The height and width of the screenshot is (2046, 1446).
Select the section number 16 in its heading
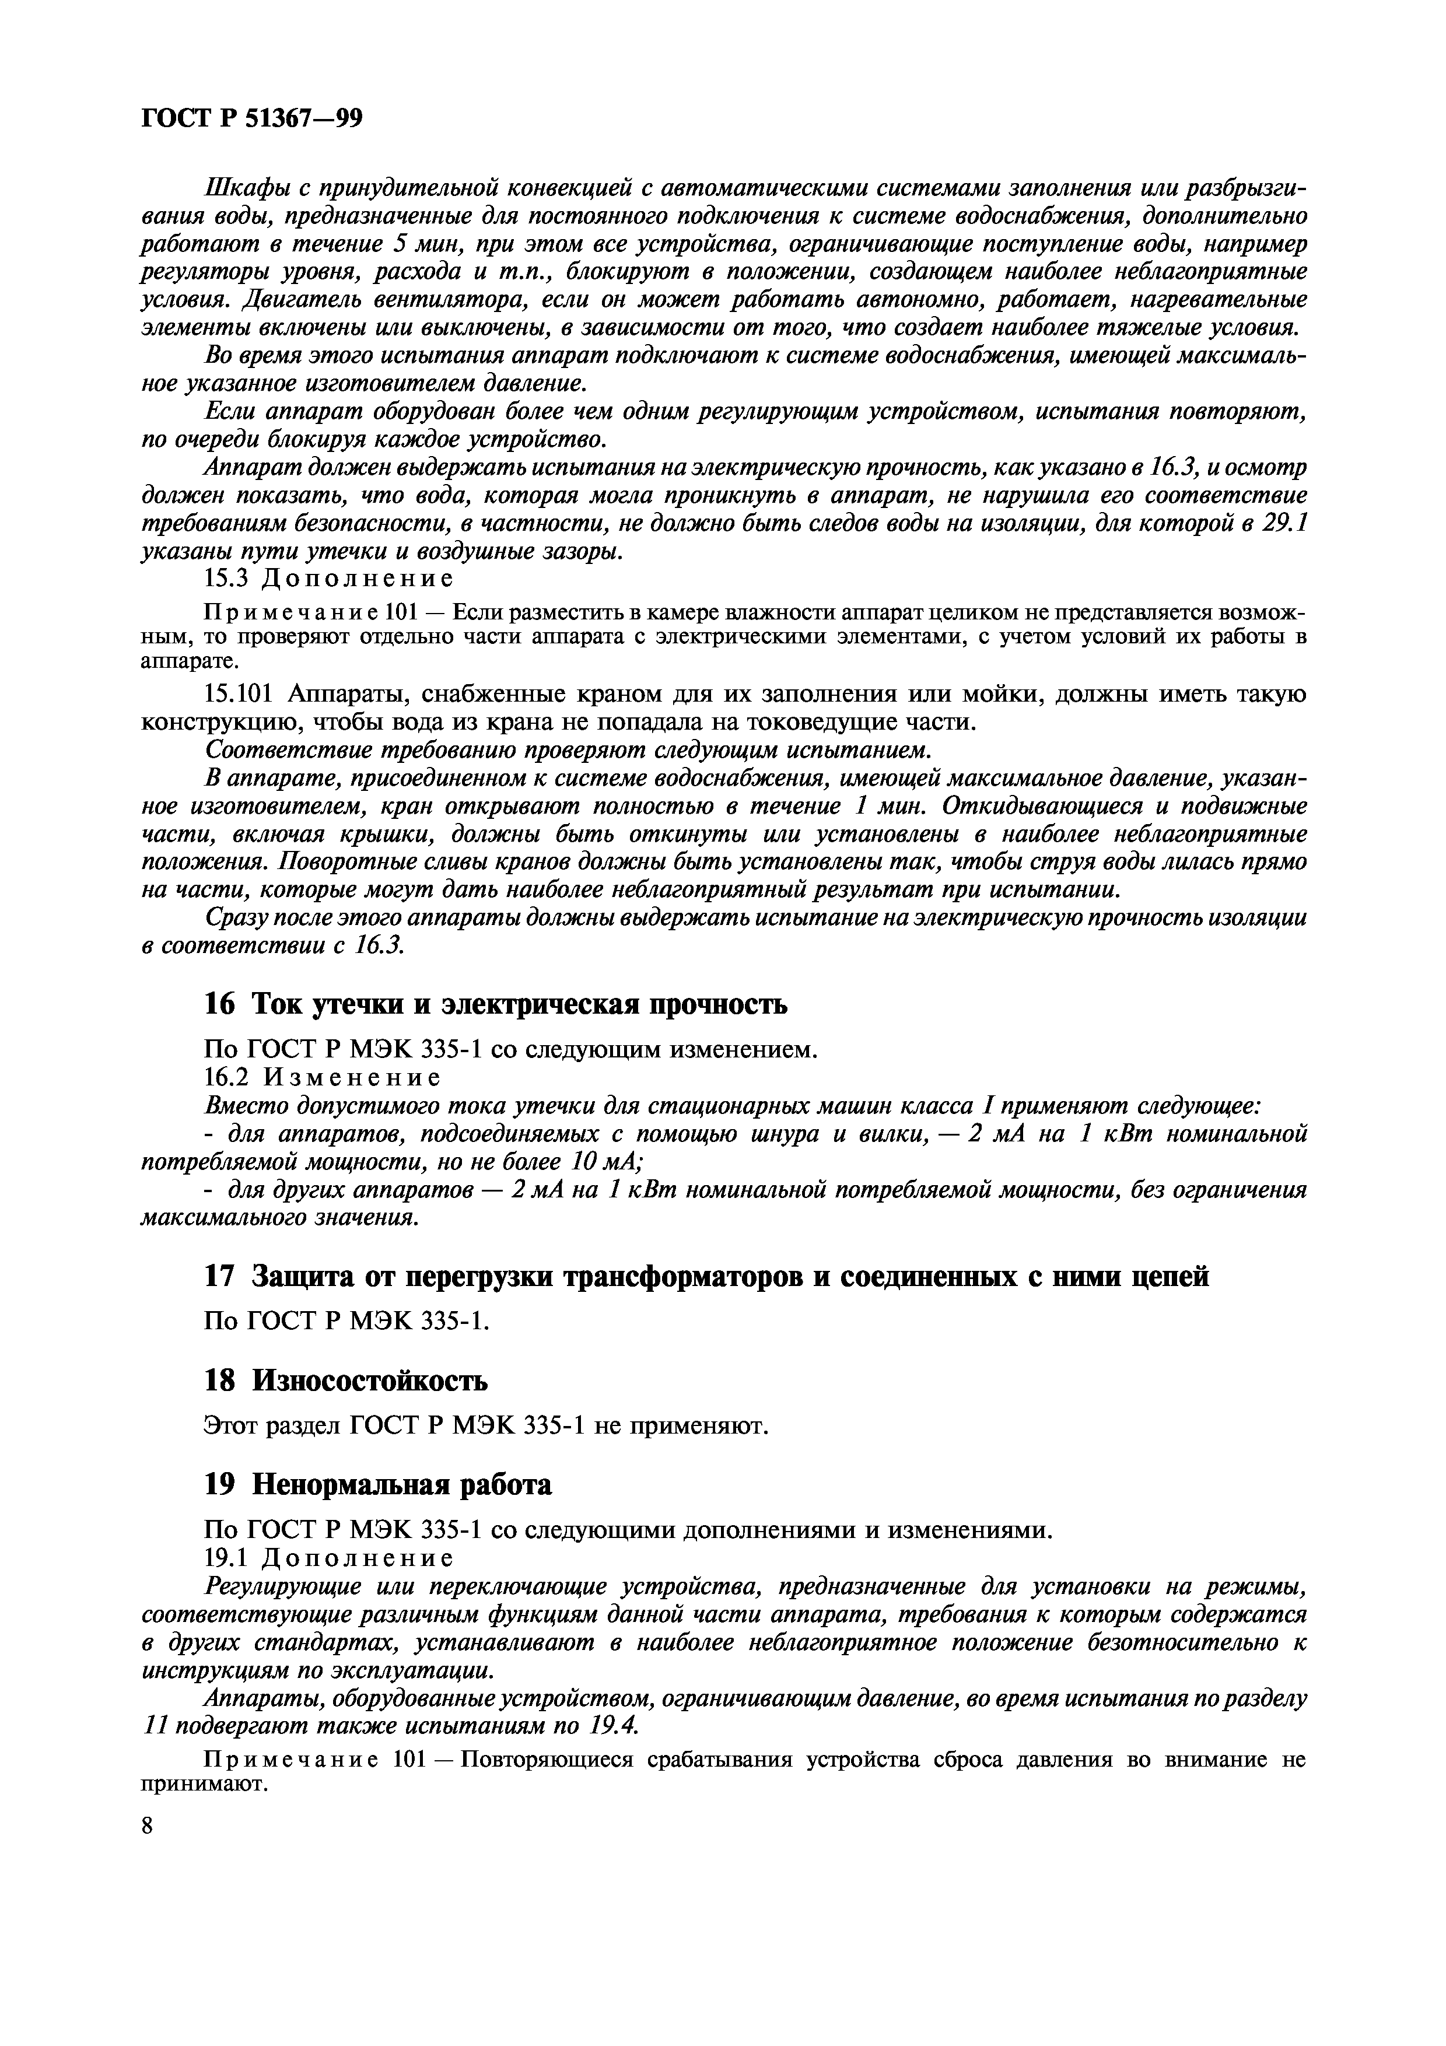pyautogui.click(x=219, y=1005)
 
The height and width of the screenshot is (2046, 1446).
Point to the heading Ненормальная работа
pyautogui.click(x=402, y=1484)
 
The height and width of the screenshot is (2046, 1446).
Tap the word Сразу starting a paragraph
pyautogui.click(x=233, y=918)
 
